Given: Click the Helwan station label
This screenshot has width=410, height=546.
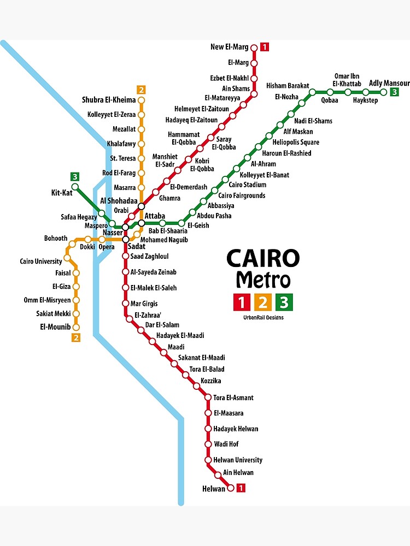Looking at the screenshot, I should pos(213,489).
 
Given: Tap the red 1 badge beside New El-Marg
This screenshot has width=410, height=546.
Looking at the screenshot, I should pos(265,47).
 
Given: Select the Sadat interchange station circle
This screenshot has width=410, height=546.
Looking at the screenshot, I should pos(126,239).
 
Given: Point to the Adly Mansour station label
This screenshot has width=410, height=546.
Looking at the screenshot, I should pos(389,83).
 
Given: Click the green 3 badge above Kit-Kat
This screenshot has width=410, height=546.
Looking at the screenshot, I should pos(75,176).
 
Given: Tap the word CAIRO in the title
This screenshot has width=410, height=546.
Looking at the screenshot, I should pos(263,259).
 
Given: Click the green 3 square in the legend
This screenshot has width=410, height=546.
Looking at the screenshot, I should pos(284,301).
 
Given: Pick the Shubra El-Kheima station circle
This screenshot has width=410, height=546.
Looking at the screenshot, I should pos(142,100).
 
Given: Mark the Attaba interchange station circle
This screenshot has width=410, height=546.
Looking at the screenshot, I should pos(142,223).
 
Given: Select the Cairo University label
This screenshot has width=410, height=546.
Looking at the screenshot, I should pos(41,262).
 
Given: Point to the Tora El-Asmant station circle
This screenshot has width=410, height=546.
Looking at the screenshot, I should pos(208,397).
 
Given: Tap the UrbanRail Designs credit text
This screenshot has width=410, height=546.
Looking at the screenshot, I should pos(263,318).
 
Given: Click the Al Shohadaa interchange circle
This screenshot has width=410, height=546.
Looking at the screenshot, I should pos(142,206).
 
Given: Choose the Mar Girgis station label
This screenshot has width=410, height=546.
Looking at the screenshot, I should pos(144,304).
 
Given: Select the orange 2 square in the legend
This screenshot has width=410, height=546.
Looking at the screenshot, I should pos(263,301).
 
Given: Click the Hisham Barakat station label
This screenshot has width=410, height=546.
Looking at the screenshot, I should pos(288,86).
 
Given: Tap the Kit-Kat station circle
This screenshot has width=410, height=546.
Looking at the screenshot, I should pos(75,187).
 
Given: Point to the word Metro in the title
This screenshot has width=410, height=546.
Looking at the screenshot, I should pos(263,280).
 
